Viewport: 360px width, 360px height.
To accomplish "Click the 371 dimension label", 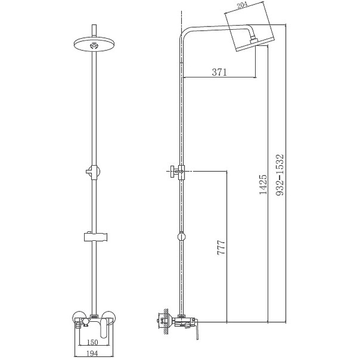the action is point(219,72).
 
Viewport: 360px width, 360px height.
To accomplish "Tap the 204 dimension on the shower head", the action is point(243,5).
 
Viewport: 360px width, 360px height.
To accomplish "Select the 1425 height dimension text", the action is point(263,184).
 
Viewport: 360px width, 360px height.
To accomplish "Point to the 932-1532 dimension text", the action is point(279,175).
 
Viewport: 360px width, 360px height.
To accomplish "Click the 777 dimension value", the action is point(221,247).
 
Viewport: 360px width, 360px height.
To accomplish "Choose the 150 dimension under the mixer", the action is point(92,342).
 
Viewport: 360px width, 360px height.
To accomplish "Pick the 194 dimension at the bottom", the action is point(92,353).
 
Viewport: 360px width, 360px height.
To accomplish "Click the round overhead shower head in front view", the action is point(94,44).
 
